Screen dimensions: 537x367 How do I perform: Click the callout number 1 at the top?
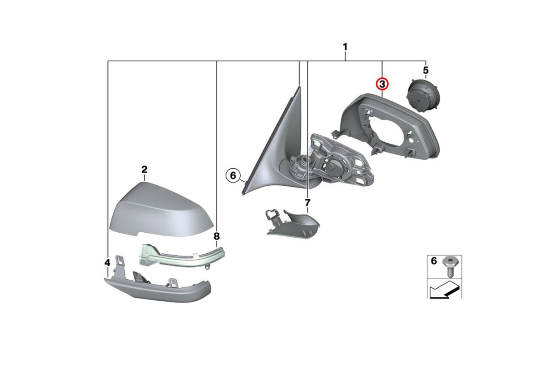coord(345,47)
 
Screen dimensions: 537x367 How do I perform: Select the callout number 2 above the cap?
coord(144,170)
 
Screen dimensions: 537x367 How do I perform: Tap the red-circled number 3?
coord(382,84)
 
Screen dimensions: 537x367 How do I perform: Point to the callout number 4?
coord(107,263)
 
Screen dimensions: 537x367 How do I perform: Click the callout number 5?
coord(426,70)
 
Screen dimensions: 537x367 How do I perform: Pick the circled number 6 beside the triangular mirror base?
coord(233,176)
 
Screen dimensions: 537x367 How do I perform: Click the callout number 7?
coord(307,203)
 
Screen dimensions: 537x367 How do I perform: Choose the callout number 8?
coord(217,236)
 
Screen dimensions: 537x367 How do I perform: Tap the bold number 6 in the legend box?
coord(434,261)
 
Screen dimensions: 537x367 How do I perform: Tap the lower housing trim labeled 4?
coord(157,289)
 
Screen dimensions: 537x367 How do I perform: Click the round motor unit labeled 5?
coord(424,96)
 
